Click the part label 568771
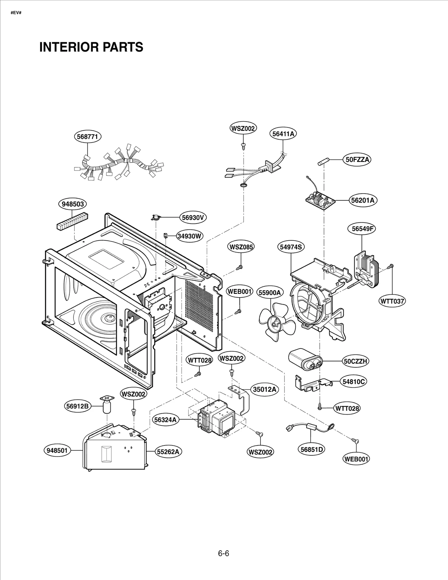[x=87, y=137]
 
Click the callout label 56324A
[x=165, y=420]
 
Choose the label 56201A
[x=363, y=200]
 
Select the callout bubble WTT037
[x=392, y=301]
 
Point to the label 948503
[x=73, y=204]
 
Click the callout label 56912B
[x=78, y=406]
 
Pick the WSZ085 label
[x=241, y=247]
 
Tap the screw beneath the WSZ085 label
[x=239, y=268]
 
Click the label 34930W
[x=190, y=236]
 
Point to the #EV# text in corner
[x=16, y=13]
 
